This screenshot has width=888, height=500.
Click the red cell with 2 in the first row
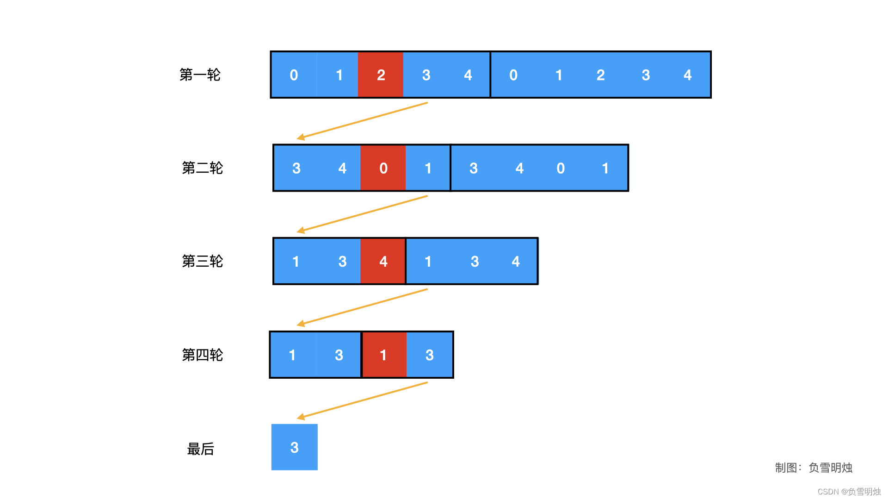381,75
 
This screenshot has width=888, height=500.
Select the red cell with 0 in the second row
383,168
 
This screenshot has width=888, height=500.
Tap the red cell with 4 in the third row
383,262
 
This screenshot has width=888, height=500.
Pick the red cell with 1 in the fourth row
383,355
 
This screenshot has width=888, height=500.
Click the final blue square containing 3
295,447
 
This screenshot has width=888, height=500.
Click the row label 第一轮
200,75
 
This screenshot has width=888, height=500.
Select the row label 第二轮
202,168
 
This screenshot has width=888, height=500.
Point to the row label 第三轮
202,262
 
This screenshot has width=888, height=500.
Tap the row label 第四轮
202,355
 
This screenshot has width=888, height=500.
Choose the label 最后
200,449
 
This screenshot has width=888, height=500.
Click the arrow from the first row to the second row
362,120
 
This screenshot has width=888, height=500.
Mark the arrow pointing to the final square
362,400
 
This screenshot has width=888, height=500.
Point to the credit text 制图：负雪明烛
814,468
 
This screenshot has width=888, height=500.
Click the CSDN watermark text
849,492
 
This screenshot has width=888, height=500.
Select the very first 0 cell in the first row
294,75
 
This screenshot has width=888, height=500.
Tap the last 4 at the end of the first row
688,75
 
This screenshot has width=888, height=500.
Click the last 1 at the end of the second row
605,168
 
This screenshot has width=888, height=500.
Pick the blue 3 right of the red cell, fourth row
430,355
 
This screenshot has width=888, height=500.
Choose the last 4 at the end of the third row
516,262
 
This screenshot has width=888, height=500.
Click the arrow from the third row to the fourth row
362,307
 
